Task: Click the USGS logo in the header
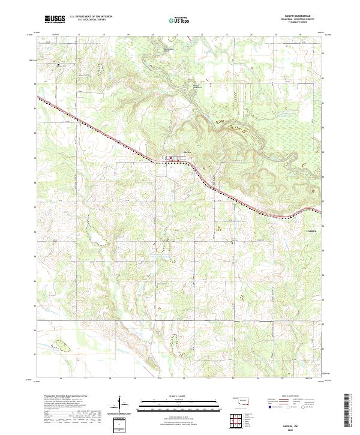pos(55,19)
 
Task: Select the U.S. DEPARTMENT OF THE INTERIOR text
pos(91,17)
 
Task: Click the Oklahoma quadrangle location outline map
pos(239,401)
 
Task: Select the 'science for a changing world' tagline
pos(55,23)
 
